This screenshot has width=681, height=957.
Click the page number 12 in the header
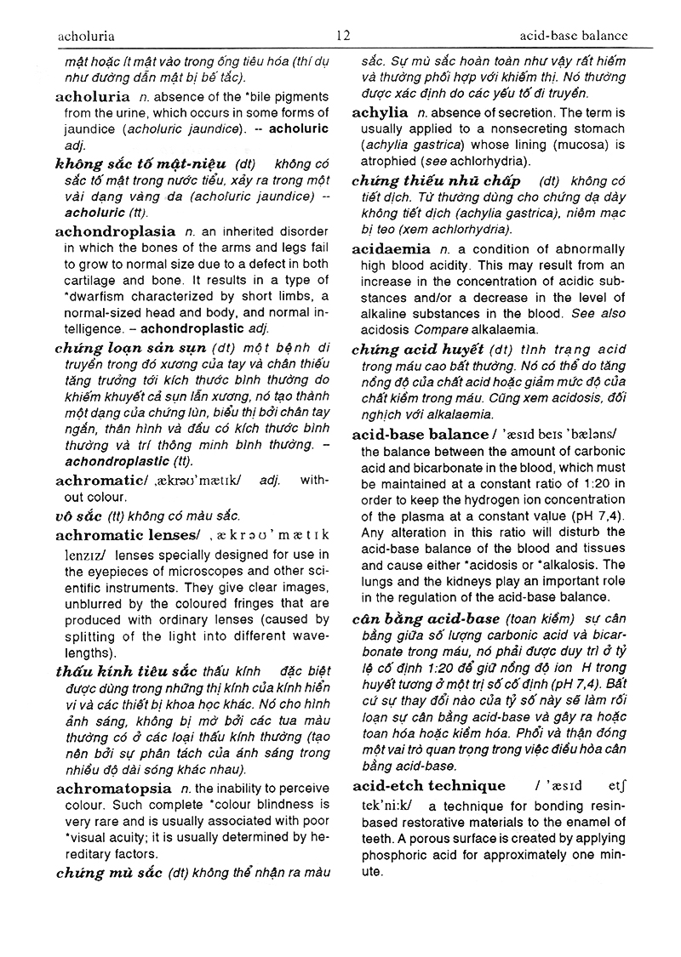coord(343,36)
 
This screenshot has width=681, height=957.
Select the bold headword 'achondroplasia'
coord(114,231)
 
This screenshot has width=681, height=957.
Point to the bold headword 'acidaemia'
coord(392,249)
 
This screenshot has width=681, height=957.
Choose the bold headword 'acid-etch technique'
coord(429,785)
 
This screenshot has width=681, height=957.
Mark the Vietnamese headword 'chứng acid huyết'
coord(417,350)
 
